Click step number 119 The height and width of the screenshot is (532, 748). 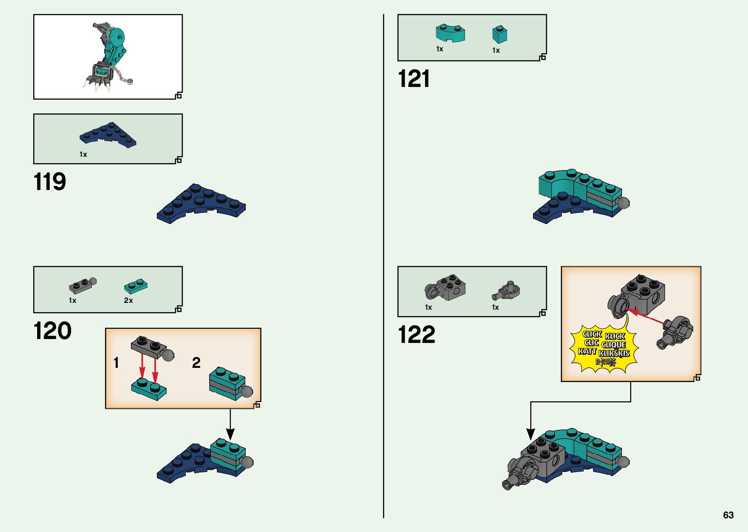click(x=50, y=182)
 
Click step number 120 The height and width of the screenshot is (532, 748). click(x=52, y=331)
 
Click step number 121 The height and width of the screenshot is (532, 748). click(x=414, y=79)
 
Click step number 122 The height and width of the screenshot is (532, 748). click(x=416, y=335)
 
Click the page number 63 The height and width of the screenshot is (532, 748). click(x=728, y=515)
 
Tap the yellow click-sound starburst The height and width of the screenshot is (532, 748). click(x=604, y=348)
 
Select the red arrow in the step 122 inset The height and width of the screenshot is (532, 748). click(x=645, y=316)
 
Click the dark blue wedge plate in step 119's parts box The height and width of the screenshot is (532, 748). click(x=108, y=135)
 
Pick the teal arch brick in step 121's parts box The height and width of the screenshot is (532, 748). click(x=450, y=33)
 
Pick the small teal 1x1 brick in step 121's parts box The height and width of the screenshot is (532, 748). click(x=499, y=34)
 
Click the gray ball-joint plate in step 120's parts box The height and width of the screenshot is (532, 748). click(x=82, y=285)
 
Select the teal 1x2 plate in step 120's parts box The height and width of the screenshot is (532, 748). click(x=135, y=286)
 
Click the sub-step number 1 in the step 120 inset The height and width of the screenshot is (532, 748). click(x=116, y=363)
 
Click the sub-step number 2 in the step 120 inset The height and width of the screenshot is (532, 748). click(x=196, y=363)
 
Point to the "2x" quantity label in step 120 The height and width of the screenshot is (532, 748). click(x=128, y=300)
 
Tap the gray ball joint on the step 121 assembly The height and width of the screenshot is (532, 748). click(x=623, y=203)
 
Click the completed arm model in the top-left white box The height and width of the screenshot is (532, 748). click(x=108, y=56)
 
